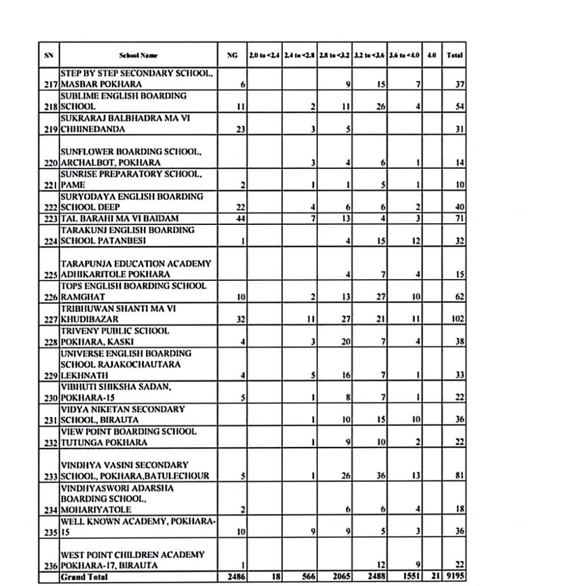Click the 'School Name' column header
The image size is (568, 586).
pyautogui.click(x=139, y=56)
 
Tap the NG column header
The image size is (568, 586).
pyautogui.click(x=232, y=56)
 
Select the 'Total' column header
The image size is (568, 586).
pyautogui.click(x=455, y=56)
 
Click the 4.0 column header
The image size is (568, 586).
pyautogui.click(x=432, y=56)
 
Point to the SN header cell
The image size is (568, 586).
pyautogui.click(x=49, y=56)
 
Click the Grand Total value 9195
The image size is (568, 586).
pyautogui.click(x=455, y=577)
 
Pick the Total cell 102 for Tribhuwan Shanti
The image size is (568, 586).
pyautogui.click(x=456, y=319)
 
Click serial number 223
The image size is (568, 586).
pyautogui.click(x=52, y=219)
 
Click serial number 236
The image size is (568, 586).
pyautogui.click(x=52, y=566)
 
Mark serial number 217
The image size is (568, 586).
pyautogui.click(x=52, y=85)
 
